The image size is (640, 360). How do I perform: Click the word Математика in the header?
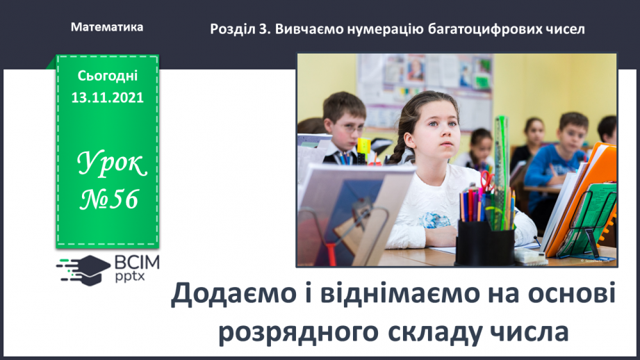(x=107, y=27)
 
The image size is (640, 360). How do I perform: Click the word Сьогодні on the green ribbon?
(x=108, y=75)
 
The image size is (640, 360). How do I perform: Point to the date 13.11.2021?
(x=108, y=97)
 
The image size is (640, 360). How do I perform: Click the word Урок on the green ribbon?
(x=110, y=165)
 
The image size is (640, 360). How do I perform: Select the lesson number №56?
(x=109, y=199)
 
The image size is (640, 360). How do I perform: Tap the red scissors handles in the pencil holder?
(x=486, y=180)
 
